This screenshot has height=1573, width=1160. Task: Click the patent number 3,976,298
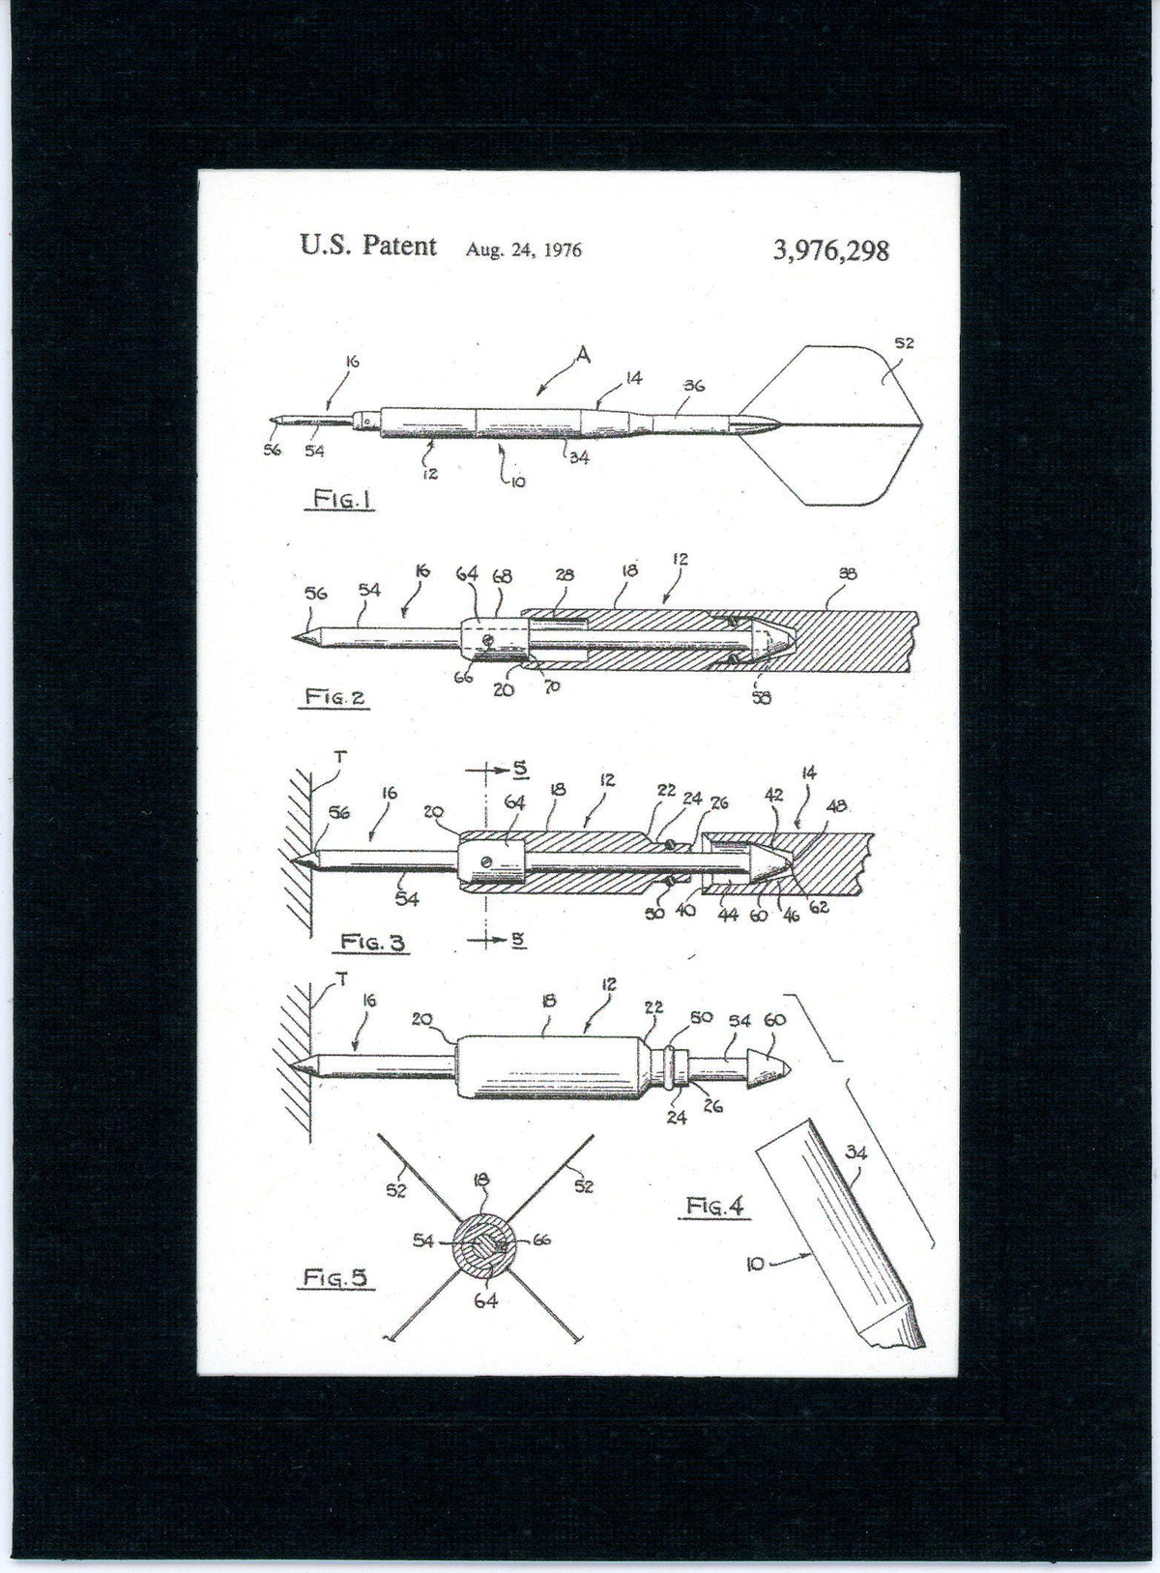(830, 251)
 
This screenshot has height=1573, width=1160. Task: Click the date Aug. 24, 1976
(524, 249)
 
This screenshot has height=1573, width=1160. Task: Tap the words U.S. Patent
(368, 246)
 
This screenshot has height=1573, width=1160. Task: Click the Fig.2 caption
(333, 696)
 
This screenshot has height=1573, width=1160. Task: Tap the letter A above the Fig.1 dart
(582, 357)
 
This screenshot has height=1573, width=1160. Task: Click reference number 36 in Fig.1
(693, 385)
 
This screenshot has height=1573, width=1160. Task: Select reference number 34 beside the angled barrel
(855, 1151)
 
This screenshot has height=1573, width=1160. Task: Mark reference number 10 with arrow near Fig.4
(765, 1262)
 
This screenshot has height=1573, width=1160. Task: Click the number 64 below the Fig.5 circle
(485, 1301)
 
